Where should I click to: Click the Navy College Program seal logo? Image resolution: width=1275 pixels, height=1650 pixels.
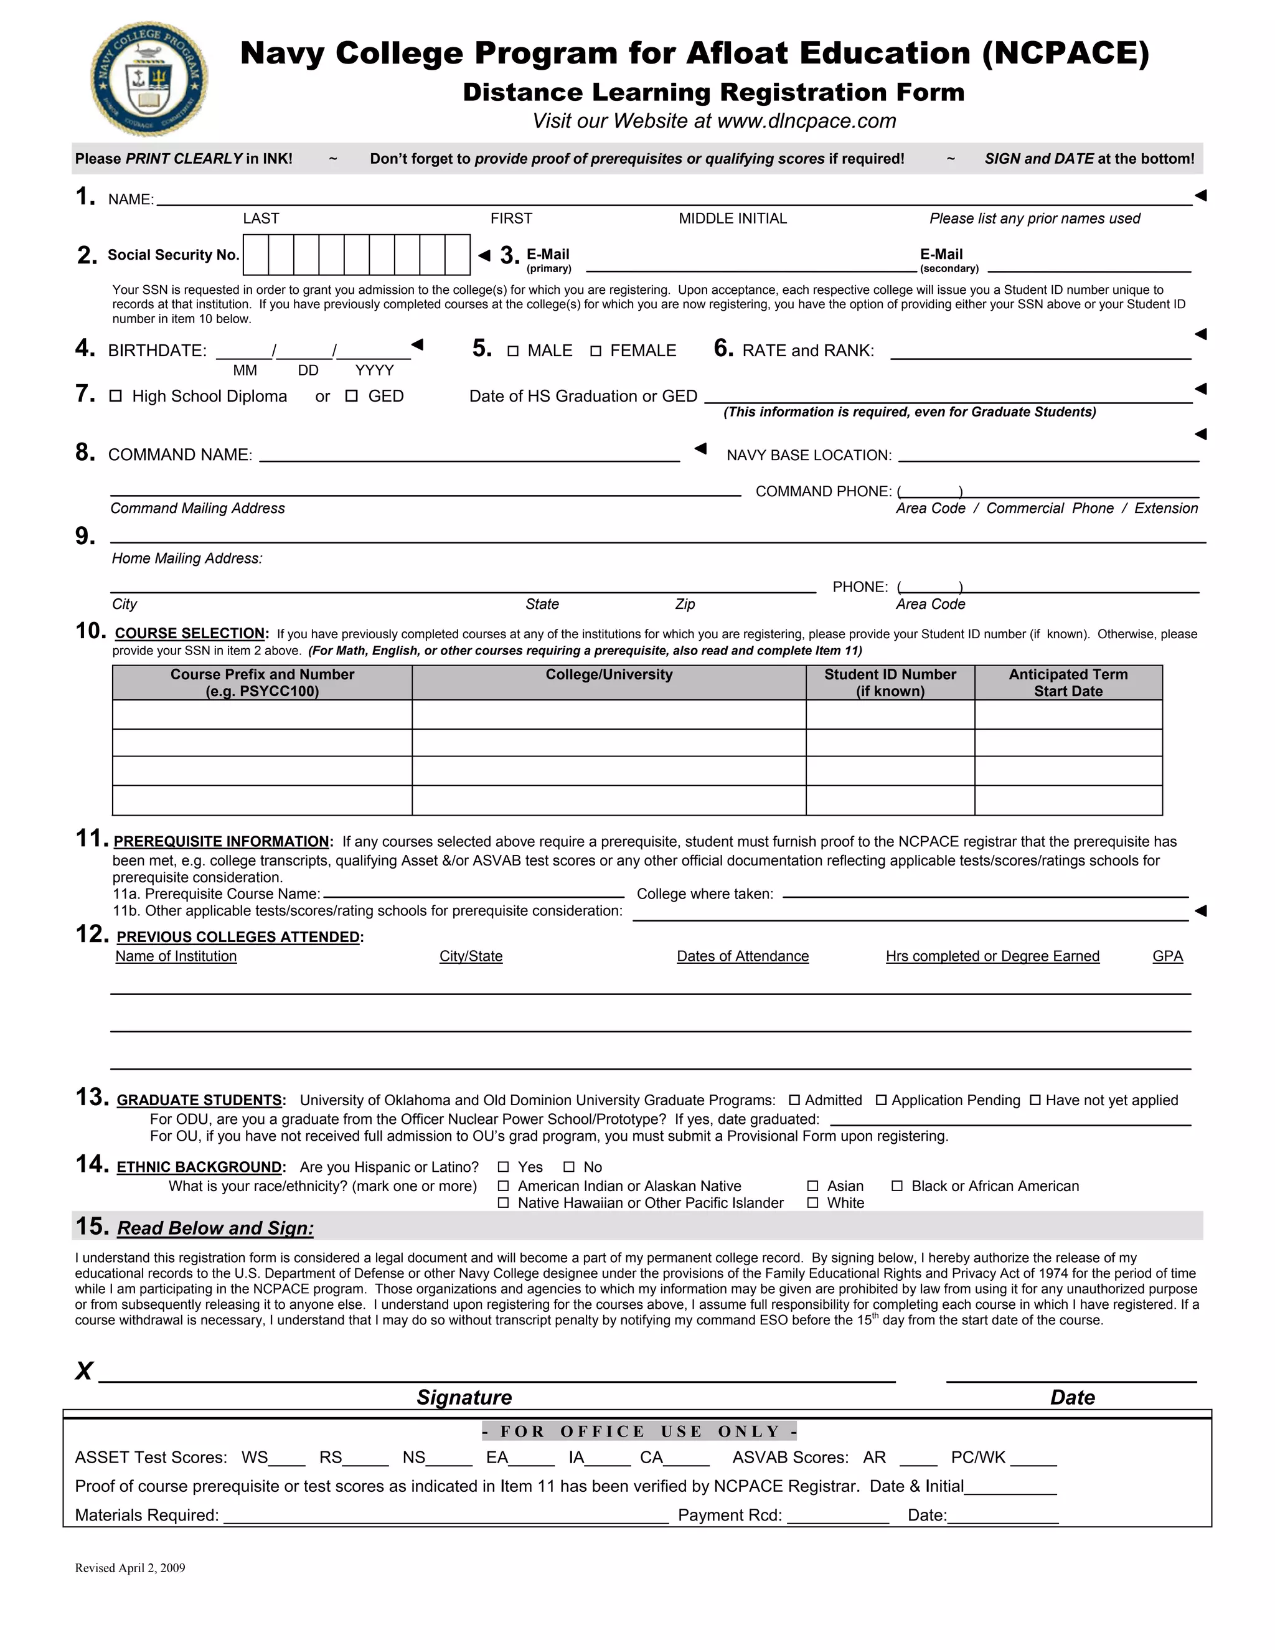point(149,78)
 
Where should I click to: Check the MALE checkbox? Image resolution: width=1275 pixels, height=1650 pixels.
point(513,351)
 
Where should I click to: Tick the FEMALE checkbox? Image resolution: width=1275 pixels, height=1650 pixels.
point(596,351)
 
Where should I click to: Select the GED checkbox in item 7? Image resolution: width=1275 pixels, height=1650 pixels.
point(351,396)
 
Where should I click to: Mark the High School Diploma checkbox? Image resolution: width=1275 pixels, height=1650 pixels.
point(116,396)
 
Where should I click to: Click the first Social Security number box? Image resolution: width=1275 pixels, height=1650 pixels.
point(256,255)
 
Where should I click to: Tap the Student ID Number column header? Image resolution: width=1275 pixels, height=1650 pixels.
point(890,682)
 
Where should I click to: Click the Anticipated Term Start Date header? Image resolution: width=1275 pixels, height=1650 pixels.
point(1068,682)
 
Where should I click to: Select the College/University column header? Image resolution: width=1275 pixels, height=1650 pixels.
point(609,675)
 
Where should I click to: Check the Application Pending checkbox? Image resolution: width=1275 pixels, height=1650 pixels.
point(881,1100)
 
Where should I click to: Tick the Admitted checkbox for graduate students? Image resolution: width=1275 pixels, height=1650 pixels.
point(794,1100)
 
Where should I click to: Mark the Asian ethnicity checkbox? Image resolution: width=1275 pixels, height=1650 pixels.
point(812,1186)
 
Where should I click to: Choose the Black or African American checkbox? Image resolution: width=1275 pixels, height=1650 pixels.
point(897,1186)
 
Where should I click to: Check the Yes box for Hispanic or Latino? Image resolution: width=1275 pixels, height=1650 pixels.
point(503,1167)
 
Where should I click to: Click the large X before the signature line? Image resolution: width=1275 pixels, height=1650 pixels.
point(84,1370)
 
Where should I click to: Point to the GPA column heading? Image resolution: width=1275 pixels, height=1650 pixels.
point(1167,956)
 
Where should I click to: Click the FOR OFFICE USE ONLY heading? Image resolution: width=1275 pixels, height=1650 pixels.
point(639,1431)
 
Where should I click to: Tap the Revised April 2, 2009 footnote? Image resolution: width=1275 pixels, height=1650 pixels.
point(130,1568)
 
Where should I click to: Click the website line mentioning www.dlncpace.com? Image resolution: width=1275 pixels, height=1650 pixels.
point(714,121)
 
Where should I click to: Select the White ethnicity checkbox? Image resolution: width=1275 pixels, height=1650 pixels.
point(812,1203)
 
